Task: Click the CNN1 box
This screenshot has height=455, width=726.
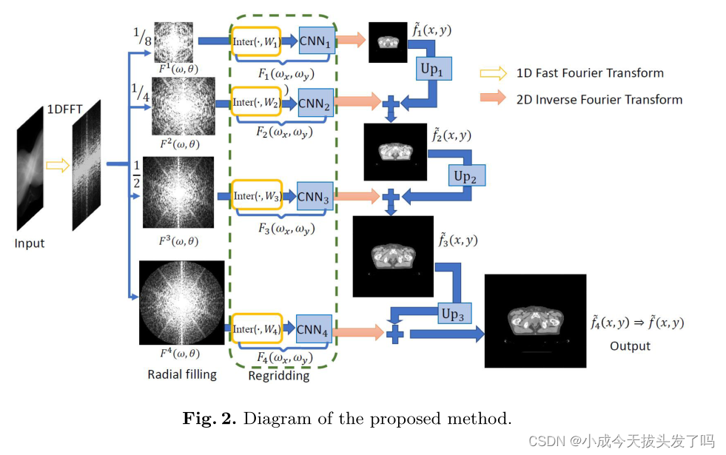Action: pyautogui.click(x=317, y=41)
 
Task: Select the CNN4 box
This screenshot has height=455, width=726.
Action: pyautogui.click(x=314, y=329)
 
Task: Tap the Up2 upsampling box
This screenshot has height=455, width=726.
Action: pyautogui.click(x=466, y=175)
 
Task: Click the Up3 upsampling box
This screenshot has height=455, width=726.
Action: pyautogui.click(x=452, y=313)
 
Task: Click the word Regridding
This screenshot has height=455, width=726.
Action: pyautogui.click(x=279, y=375)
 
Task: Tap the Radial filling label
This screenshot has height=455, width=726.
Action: pyautogui.click(x=182, y=374)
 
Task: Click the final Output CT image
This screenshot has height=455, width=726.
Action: pyautogui.click(x=534, y=320)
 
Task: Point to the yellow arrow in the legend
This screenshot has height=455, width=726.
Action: pyautogui.click(x=493, y=73)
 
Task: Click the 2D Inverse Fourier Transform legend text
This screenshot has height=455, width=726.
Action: pyautogui.click(x=599, y=99)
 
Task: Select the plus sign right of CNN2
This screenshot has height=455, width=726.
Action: pyautogui.click(x=392, y=101)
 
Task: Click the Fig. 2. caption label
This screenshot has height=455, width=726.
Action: pyautogui.click(x=209, y=419)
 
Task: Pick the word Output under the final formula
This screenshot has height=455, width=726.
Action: pyautogui.click(x=630, y=346)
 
